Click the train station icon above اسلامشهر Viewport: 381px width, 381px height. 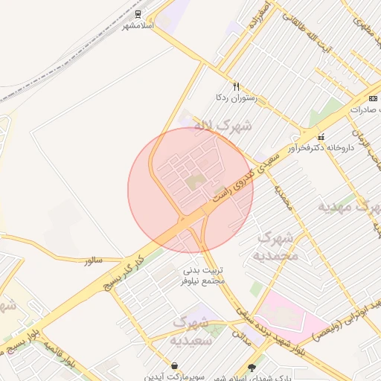138,15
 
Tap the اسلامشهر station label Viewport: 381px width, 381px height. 138,26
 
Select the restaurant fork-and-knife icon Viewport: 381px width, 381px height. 237,86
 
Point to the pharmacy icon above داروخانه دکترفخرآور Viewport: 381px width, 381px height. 321,136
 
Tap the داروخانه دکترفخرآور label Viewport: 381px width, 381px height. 321,147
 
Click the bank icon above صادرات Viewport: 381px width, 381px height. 373,98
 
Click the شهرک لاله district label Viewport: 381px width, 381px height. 222,126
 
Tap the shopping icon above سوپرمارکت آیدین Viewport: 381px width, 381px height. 174,365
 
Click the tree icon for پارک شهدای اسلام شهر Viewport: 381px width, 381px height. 252,366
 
